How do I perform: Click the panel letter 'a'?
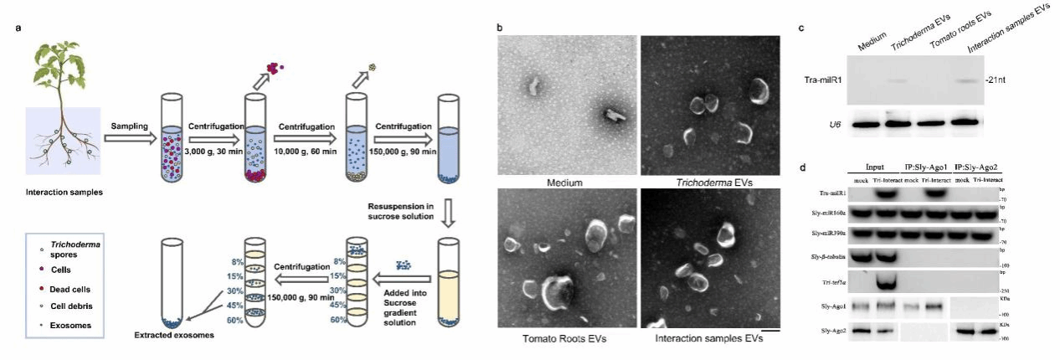[18, 28]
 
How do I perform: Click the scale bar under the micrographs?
[771, 331]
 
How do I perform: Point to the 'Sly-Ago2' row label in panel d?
[831, 332]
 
